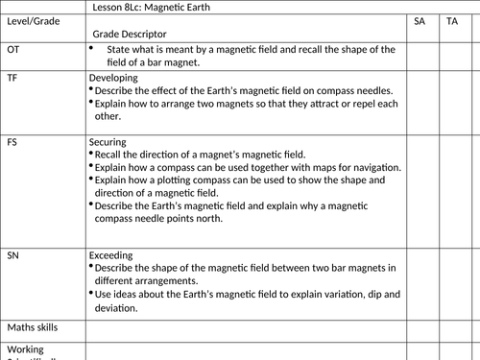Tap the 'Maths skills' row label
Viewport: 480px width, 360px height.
pos(31,327)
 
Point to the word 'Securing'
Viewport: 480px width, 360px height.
pos(108,141)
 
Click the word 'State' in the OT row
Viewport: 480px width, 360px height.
pos(119,49)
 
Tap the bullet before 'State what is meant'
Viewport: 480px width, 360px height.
pos(91,47)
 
